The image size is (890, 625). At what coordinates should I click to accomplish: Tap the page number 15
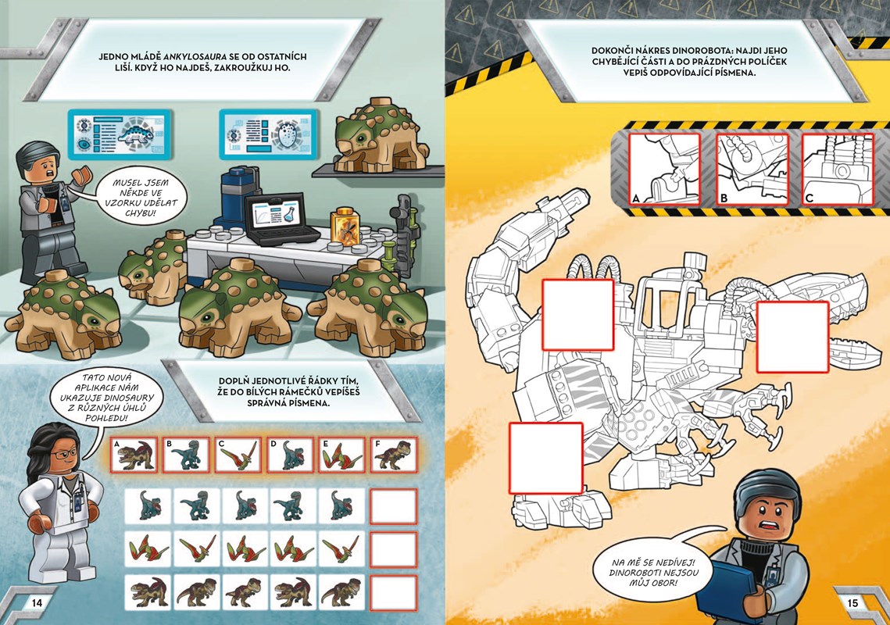[x=852, y=603]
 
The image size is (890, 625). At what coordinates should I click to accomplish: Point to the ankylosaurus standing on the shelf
[x=375, y=136]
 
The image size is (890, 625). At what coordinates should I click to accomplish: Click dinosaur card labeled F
[x=393, y=455]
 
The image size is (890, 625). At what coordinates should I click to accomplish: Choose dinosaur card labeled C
[x=238, y=455]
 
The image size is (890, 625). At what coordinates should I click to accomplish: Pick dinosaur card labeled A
[x=134, y=455]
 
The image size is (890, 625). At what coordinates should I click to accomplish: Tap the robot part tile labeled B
[x=752, y=170]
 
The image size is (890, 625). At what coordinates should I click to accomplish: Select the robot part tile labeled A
[x=665, y=170]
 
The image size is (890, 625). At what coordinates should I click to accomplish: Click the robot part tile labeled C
[x=837, y=170]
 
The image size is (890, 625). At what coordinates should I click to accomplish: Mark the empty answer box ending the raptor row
[x=393, y=505]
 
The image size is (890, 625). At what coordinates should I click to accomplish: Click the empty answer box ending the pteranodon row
[x=393, y=549]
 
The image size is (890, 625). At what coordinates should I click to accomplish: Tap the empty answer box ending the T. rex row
[x=393, y=593]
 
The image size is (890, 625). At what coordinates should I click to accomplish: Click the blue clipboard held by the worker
[x=729, y=587]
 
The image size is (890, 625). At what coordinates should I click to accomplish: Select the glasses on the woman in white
[x=63, y=454]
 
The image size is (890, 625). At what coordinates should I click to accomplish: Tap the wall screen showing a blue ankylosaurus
[x=120, y=134]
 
